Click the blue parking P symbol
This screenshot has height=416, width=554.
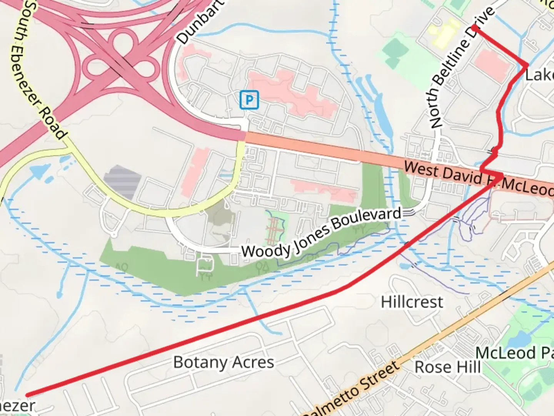pos(249,100)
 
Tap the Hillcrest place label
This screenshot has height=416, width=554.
pos(412,302)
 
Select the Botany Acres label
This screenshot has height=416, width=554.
pos(224,362)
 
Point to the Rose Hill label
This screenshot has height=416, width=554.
pos(447,367)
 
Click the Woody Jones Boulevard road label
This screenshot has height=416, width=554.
pos(321,233)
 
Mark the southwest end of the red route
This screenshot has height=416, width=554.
pos(27,395)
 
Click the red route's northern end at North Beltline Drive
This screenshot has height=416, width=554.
pos(474,26)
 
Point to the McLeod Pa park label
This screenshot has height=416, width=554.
pos(514,353)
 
